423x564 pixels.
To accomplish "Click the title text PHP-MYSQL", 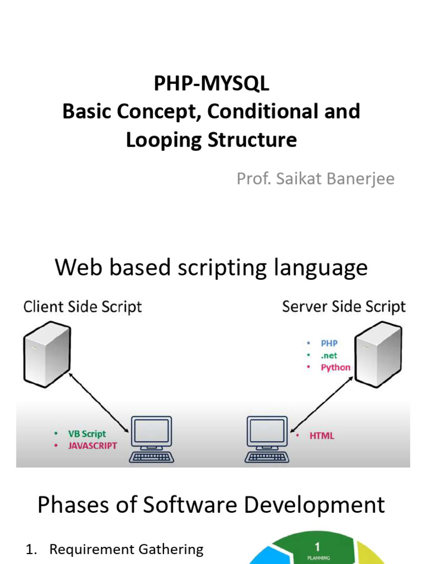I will tap(211, 84).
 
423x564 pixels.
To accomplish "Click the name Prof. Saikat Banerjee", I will tap(316, 178).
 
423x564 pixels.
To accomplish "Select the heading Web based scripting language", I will tap(211, 268).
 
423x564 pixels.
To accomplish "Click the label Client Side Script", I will tap(83, 307).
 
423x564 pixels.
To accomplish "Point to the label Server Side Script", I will tap(344, 307).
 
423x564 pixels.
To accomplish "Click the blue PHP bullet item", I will tap(329, 343).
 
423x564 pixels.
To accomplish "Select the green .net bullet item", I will tap(329, 355).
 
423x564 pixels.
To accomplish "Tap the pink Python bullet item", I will tap(335, 367).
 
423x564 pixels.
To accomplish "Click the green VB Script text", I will tap(86, 434).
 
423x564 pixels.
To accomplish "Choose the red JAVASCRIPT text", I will tap(92, 446).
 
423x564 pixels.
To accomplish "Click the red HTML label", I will tap(322, 436).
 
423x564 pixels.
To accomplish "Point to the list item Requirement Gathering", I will tap(126, 549).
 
